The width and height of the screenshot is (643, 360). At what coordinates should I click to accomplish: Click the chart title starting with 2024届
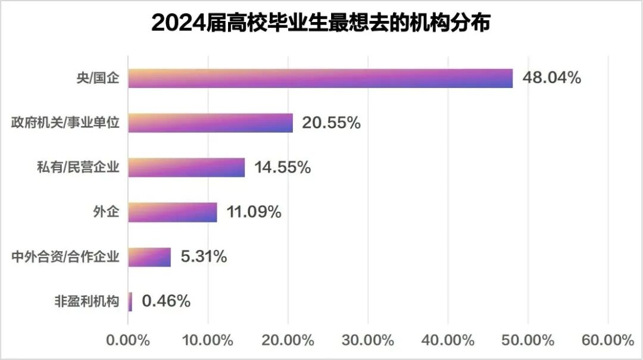tap(321, 23)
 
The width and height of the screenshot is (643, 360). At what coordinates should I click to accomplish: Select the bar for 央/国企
tap(320, 79)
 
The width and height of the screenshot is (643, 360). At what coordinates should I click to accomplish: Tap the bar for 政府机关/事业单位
tap(210, 123)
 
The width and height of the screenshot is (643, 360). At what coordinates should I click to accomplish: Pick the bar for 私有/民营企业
tap(186, 167)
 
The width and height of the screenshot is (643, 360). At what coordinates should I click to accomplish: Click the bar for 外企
tap(173, 212)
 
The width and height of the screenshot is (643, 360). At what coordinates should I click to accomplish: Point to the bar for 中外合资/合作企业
tap(149, 257)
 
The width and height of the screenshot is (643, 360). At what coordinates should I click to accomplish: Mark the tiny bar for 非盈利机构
tap(130, 302)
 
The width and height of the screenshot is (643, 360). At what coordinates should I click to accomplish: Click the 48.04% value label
tap(551, 78)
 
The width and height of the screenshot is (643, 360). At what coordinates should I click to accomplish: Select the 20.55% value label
tap(331, 123)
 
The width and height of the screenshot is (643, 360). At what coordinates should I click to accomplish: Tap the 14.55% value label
tap(282, 167)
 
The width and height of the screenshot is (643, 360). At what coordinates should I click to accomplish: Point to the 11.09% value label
tap(253, 212)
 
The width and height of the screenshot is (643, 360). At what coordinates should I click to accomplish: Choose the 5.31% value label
tap(204, 257)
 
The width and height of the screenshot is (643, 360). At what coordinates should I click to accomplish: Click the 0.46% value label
tap(166, 302)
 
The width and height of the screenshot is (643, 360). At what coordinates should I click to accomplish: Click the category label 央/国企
tap(102, 79)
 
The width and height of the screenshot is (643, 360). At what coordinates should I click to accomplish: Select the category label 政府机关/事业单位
tap(65, 123)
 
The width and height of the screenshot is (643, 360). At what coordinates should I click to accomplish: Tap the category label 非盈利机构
tap(86, 302)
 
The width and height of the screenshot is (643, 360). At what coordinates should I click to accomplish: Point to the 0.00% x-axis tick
tap(127, 340)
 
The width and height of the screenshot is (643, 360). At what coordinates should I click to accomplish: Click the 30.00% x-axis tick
tap(368, 340)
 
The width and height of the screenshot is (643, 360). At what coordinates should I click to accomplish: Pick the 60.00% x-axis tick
tap(608, 340)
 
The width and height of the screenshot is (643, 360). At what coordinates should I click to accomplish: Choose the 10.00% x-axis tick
tap(208, 340)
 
